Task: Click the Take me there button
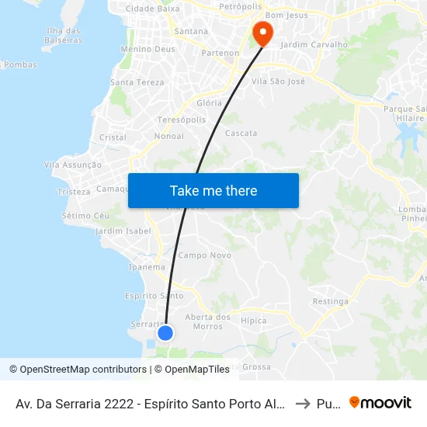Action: [213, 190]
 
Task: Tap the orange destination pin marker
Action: [262, 33]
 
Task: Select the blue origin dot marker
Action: [165, 333]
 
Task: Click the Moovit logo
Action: [380, 402]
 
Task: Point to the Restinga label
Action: [328, 301]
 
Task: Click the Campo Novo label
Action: [205, 255]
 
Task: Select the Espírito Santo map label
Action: [154, 296]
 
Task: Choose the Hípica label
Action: [254, 321]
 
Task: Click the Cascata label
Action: [241, 134]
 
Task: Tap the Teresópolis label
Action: [182, 120]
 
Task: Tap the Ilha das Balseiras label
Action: [64, 36]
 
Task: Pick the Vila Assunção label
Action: [72, 165]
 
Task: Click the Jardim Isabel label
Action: [123, 231]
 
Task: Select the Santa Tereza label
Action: [137, 82]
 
